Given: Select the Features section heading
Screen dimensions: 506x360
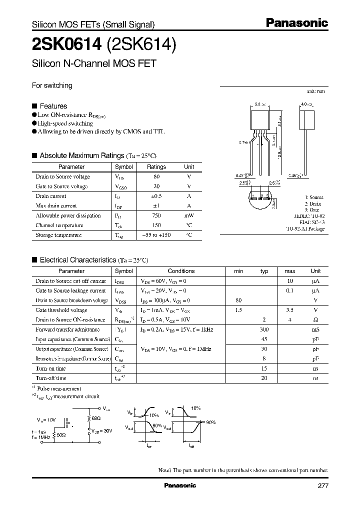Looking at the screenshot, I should point(53,106).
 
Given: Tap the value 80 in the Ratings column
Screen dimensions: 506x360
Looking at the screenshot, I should point(156,176).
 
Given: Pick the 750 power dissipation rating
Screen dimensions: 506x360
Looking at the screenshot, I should point(156,215).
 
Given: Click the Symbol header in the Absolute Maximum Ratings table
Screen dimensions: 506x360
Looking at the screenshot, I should point(124,167).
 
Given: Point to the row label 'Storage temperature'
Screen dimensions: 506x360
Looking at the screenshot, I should point(58,235).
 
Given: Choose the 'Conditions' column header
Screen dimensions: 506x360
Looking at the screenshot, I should point(181,271).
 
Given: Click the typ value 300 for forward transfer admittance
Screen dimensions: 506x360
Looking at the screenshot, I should point(264,329).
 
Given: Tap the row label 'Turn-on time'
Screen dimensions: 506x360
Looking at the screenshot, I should point(50,368).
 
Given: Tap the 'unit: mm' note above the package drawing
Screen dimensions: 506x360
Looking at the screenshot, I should point(315,92).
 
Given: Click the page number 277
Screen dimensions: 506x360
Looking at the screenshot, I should point(323,486).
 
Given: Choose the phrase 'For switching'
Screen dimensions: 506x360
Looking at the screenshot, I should point(52,85).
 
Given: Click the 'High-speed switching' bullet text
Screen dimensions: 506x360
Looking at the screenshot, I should point(65,123).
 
